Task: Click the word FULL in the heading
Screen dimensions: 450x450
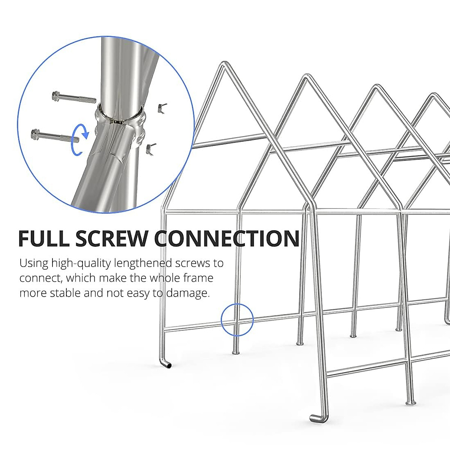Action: tap(43, 239)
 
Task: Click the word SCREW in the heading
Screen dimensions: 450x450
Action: tap(112, 239)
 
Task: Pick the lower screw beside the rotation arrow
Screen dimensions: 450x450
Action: tap(54, 135)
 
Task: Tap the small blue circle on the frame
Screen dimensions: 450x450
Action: tap(237, 320)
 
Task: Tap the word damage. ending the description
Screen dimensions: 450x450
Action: tap(187, 293)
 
